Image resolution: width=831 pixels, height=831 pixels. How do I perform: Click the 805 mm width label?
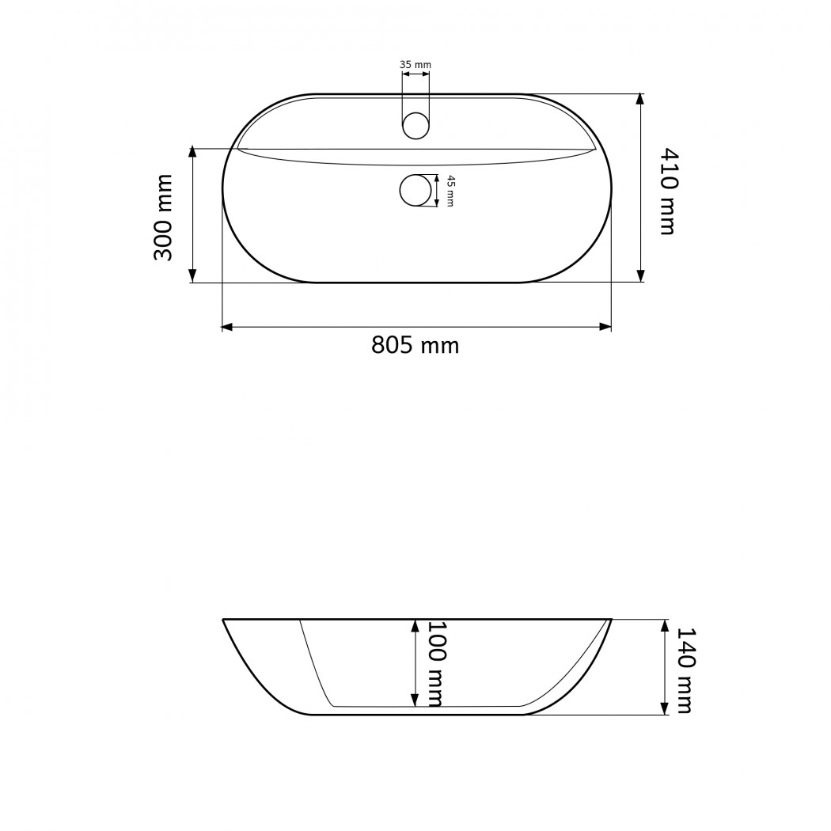[x=415, y=346]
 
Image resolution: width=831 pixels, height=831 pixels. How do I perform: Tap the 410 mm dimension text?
[x=669, y=191]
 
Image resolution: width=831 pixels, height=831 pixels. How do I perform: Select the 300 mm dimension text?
[x=163, y=218]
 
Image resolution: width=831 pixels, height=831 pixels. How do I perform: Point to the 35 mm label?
[x=415, y=65]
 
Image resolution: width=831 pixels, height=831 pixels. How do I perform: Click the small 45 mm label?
[x=450, y=191]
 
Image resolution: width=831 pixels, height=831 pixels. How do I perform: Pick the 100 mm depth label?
[x=435, y=664]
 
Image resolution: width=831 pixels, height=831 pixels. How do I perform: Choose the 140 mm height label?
[x=685, y=670]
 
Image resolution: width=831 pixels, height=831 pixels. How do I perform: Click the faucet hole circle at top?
[x=416, y=125]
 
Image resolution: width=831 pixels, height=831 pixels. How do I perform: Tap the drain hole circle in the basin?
[x=416, y=191]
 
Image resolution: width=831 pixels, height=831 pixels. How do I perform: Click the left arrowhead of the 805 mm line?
[x=227, y=327]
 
